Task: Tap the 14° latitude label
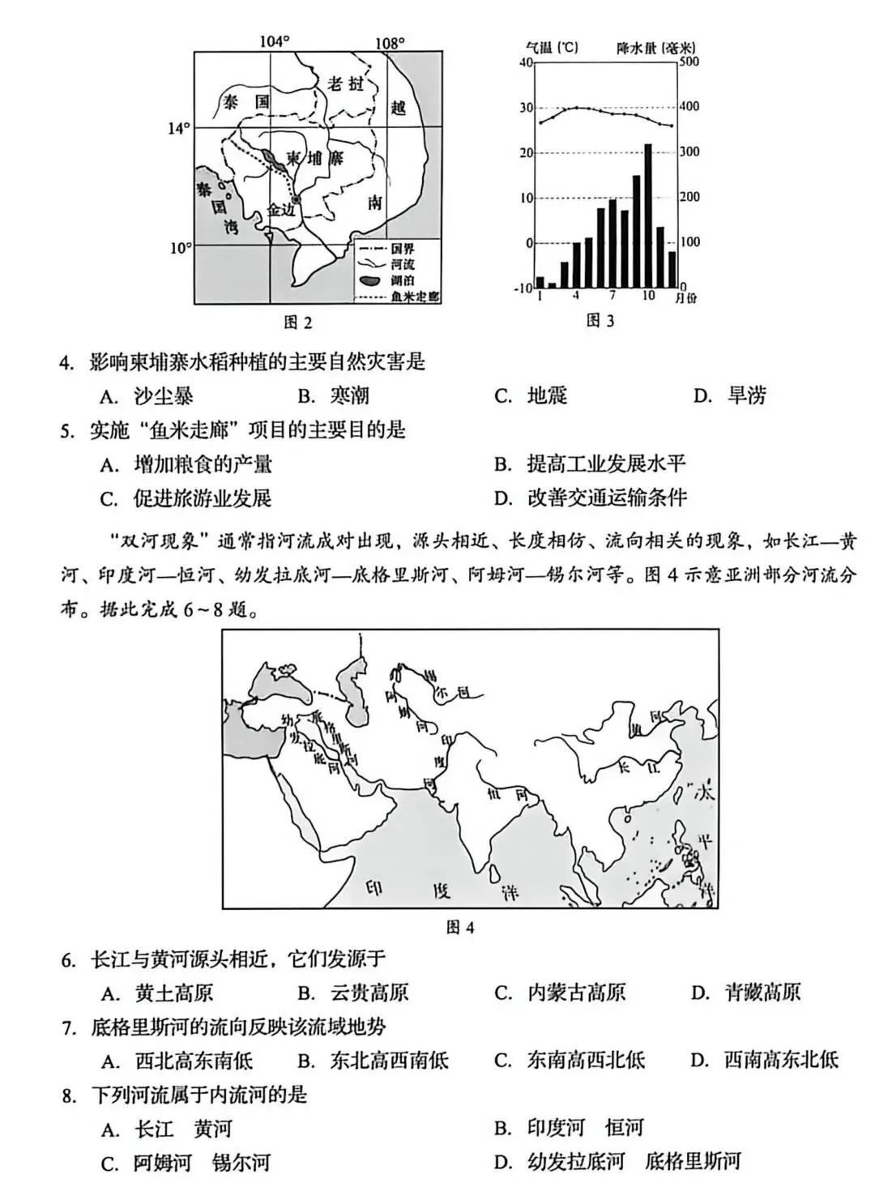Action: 178,128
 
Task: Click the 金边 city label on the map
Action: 283,210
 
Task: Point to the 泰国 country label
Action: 246,102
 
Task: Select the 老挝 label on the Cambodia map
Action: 347,83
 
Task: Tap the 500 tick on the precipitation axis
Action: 689,62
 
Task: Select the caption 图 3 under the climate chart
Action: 600,321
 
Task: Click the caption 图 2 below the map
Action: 298,322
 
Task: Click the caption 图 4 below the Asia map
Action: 460,927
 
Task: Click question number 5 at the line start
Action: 68,430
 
